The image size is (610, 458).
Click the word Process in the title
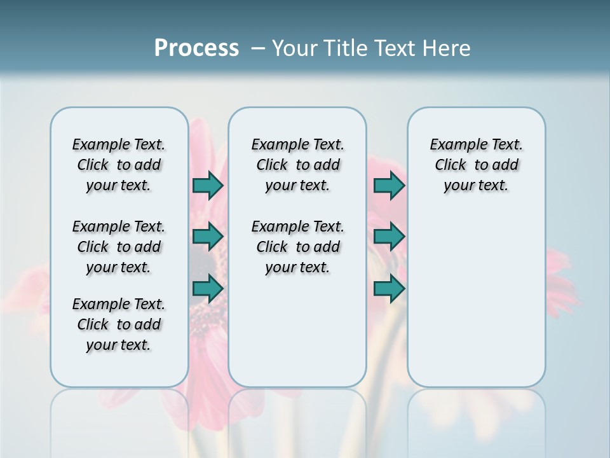196,48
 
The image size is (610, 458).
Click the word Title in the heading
343,48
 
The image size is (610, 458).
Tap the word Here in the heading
448,48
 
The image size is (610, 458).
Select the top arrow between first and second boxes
208,185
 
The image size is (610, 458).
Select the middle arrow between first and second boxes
208,237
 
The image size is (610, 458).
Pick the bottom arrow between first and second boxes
208,289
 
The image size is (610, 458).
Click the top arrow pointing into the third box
389,185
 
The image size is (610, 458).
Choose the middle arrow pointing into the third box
389,237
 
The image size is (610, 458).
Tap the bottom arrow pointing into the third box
389,289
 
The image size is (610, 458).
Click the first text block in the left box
119,165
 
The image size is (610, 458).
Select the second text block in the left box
119,247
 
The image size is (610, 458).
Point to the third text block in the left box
119,324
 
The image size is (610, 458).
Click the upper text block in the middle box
297,165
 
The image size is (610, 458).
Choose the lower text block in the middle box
297,247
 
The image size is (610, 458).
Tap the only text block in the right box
476,165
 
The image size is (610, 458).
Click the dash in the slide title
257,48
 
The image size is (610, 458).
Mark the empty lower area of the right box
476,293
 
